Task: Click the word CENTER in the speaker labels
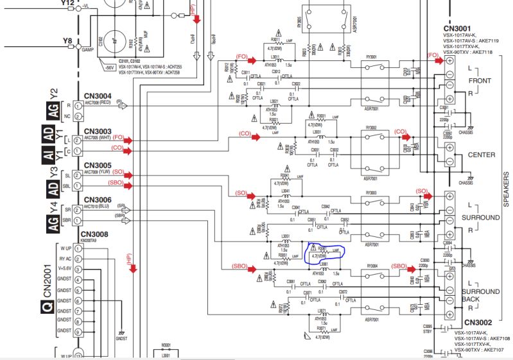pos(482,155)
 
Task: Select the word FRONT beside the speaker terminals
pos(480,81)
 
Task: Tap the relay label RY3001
pos(370,56)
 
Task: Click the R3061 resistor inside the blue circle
pos(318,247)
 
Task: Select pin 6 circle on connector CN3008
pos(78,300)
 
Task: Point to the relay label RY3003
pos(370,193)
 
